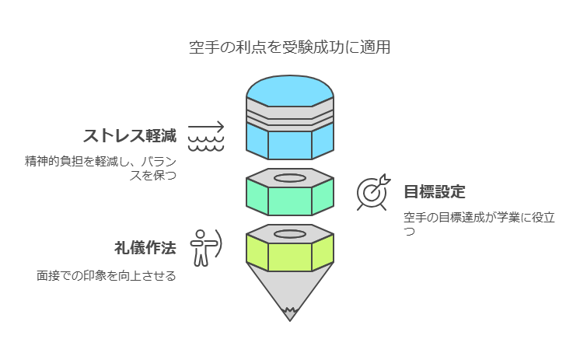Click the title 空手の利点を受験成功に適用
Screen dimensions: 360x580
289,47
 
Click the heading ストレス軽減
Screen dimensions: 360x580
130,136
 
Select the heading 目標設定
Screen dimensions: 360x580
435,192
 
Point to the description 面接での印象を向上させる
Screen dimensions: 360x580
106,275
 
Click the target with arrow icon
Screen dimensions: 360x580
372,193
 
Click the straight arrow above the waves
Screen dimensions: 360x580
205,127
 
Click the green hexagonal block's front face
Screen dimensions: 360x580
289,199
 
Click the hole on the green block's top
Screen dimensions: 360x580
289,177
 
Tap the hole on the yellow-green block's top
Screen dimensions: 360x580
289,233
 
